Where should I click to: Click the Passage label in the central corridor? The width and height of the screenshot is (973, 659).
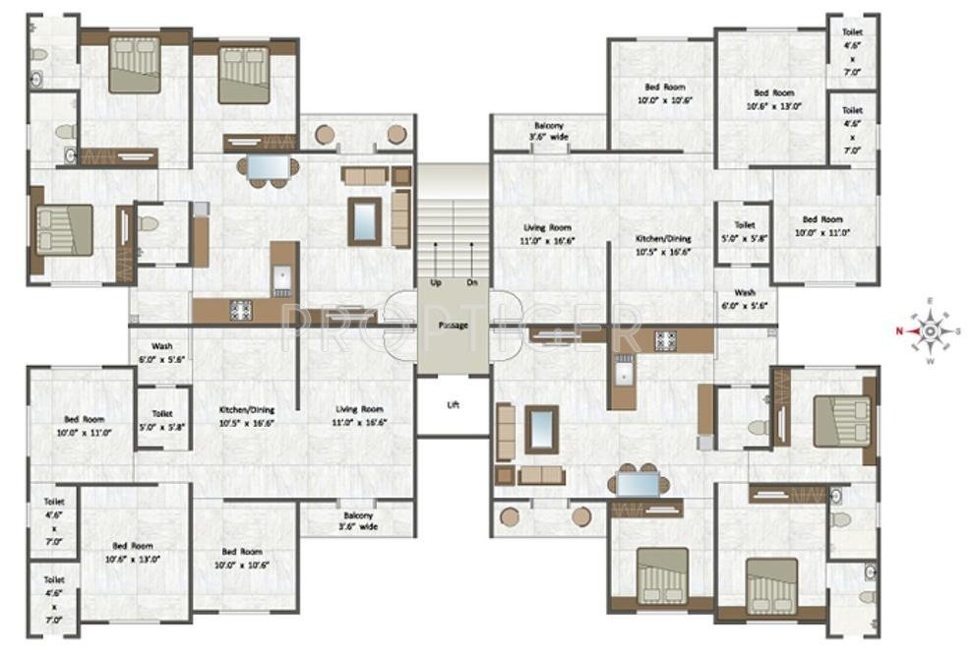pos(453,325)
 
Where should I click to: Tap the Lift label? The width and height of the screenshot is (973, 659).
pos(453,404)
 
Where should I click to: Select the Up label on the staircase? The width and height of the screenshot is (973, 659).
pos(435,282)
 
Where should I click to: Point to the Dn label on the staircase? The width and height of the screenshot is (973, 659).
pos(471,282)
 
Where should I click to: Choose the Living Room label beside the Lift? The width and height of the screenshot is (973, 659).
pos(359,415)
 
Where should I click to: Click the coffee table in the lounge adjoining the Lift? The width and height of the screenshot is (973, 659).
pos(541,429)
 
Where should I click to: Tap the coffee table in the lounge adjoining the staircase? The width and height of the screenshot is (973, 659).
pos(364,221)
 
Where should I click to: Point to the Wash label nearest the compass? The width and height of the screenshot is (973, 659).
pos(744,299)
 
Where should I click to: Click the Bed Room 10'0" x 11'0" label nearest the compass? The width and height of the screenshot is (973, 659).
pos(821,225)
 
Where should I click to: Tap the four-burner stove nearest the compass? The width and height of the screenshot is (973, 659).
pos(666,342)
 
